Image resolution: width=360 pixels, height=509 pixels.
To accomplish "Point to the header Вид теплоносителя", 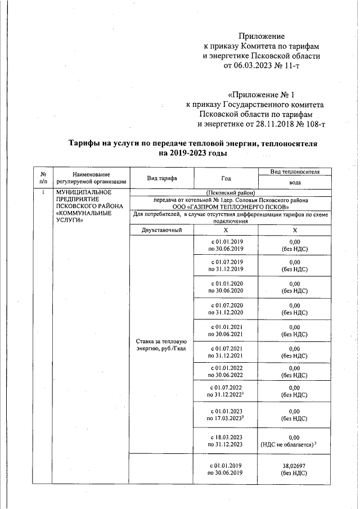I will tap(295, 171).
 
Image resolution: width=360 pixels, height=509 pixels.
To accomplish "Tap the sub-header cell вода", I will tap(295, 183).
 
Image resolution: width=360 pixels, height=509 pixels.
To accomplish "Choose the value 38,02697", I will tap(295, 466).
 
